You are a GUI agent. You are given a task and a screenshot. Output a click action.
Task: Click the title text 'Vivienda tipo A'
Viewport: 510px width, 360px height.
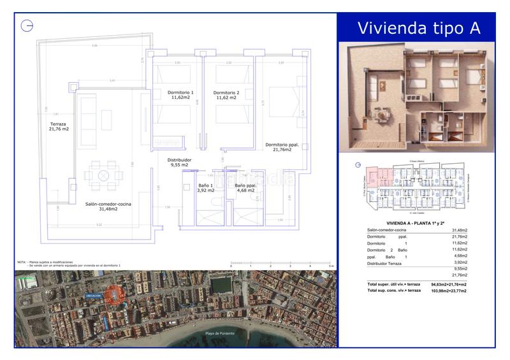pos(418,28)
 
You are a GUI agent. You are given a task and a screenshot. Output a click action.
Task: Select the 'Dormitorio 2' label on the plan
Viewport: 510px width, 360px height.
pos(228,95)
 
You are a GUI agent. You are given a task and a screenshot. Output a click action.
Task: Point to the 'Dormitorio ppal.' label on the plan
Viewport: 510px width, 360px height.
pos(282,147)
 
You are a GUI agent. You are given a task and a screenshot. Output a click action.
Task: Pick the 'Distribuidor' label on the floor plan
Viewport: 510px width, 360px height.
pos(179,162)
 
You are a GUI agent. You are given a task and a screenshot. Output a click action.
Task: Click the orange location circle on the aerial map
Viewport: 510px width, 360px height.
pos(114,296)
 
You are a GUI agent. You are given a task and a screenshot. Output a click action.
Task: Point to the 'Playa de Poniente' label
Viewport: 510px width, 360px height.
pos(221,334)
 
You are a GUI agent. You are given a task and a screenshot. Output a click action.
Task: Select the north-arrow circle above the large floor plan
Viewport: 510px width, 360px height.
pos(27,25)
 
